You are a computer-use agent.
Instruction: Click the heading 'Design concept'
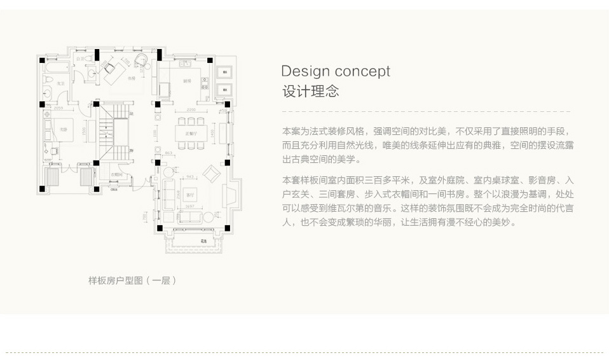tap(336, 71)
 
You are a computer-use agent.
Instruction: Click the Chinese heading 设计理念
tap(310, 91)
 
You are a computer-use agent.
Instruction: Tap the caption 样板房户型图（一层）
tap(132, 280)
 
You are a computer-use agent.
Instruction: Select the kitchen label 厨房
tap(188, 81)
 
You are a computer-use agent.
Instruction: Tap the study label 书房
tap(132, 78)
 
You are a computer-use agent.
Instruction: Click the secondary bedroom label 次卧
tap(63, 129)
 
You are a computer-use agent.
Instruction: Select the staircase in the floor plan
tap(115, 134)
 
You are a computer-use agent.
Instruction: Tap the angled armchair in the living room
tap(210, 172)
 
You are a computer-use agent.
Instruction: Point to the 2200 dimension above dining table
tap(181, 110)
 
